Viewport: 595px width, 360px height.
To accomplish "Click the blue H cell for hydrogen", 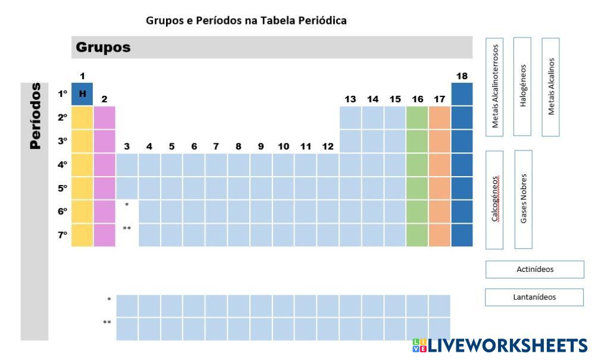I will [82, 93].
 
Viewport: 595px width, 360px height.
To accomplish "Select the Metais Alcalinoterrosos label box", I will [494, 86].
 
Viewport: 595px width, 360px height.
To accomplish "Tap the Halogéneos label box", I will [522, 86].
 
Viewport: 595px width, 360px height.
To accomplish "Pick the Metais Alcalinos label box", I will [550, 87].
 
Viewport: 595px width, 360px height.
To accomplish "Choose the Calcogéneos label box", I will [494, 199].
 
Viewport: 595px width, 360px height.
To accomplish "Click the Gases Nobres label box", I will [523, 199].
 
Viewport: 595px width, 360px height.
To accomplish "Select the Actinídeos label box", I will [534, 270].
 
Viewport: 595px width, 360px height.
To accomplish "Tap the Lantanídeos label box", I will [534, 297].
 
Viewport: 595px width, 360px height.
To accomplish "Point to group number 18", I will [462, 76].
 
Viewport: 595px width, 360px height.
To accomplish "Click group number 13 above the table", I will [350, 99].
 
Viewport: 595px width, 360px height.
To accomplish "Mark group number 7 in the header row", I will [216, 146].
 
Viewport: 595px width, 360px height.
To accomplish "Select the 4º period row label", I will [62, 165].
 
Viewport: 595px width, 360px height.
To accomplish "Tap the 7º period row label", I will [62, 235].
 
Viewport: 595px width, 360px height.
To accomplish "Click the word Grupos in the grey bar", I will [103, 48].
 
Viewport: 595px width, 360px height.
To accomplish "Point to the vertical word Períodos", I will [36, 115].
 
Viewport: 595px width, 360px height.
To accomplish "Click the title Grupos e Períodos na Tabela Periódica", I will [246, 21].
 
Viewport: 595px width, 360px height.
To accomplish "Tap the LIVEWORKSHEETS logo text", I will [507, 346].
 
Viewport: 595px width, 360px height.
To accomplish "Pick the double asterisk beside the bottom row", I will [107, 323].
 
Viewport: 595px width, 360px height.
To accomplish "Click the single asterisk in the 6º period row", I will [127, 205].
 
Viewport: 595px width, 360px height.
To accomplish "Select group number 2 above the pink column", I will [104, 99].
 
